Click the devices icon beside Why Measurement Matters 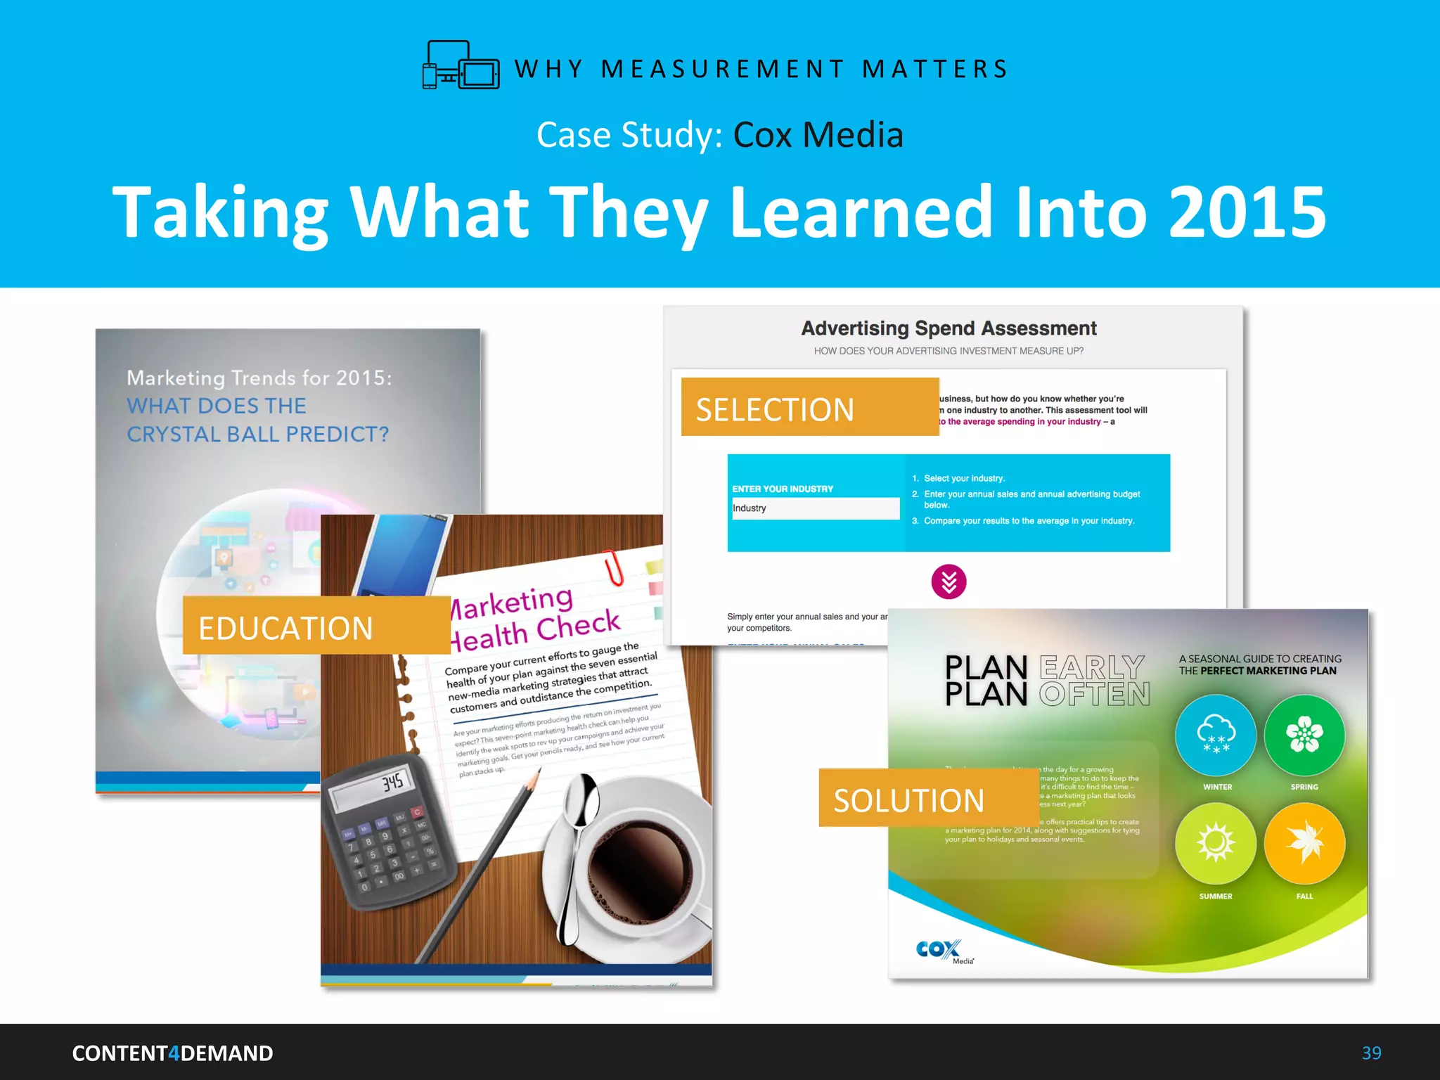pyautogui.click(x=461, y=65)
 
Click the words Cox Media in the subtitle pyautogui.click(x=818, y=134)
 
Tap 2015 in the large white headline pyautogui.click(x=1247, y=212)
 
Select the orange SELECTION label pyautogui.click(x=809, y=407)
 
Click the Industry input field pyautogui.click(x=816, y=508)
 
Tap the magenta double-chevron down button pyautogui.click(x=949, y=581)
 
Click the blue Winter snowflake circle pyautogui.click(x=1216, y=735)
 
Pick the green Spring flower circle pyautogui.click(x=1304, y=735)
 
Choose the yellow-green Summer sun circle pyautogui.click(x=1216, y=843)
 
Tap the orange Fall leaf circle pyautogui.click(x=1304, y=843)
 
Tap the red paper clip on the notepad pyautogui.click(x=613, y=566)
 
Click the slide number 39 pyautogui.click(x=1371, y=1053)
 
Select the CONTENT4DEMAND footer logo pyautogui.click(x=172, y=1053)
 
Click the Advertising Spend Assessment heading pyautogui.click(x=949, y=328)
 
